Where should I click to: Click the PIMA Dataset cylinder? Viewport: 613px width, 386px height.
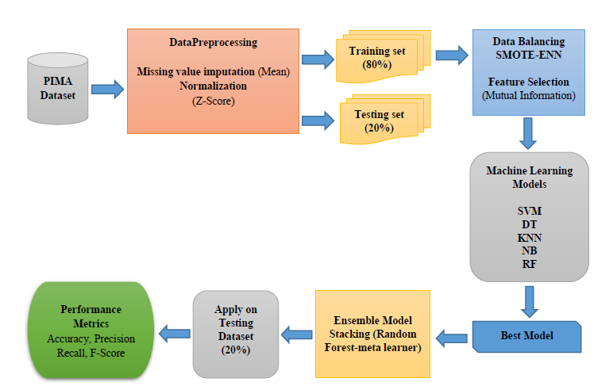pyautogui.click(x=58, y=89)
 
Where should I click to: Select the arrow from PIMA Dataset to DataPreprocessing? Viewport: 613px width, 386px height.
pyautogui.click(x=107, y=90)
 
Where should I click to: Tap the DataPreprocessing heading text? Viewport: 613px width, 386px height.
pyautogui.click(x=213, y=42)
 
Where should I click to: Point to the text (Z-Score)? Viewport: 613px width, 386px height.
pyautogui.click(x=213, y=101)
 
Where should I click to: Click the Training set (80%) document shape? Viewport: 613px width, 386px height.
pyautogui.click(x=383, y=56)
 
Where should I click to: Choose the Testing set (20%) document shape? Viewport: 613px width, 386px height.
pyautogui.click(x=385, y=120)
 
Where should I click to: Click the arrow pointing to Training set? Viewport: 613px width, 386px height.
pyautogui.click(x=318, y=59)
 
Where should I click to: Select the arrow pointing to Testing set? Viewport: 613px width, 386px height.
pyautogui.click(x=318, y=120)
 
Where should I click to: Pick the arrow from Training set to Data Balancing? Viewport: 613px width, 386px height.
pyautogui.click(x=452, y=55)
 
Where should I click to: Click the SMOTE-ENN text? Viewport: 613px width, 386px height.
pyautogui.click(x=529, y=55)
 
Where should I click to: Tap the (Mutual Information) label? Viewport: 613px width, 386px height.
pyautogui.click(x=529, y=96)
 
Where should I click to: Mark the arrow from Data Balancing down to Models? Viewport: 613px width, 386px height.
pyautogui.click(x=528, y=133)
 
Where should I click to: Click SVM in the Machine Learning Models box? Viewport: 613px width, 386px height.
pyautogui.click(x=530, y=211)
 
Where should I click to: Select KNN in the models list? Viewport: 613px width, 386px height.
pyautogui.click(x=530, y=238)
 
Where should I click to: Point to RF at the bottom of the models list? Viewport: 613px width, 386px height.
pyautogui.click(x=530, y=264)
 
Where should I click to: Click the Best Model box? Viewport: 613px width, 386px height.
pyautogui.click(x=526, y=336)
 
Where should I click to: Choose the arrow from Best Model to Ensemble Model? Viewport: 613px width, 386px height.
pyautogui.click(x=452, y=338)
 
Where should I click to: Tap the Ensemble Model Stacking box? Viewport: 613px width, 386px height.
pyautogui.click(x=372, y=334)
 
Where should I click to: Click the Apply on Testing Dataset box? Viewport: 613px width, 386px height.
pyautogui.click(x=236, y=334)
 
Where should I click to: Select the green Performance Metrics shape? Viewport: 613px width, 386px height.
pyautogui.click(x=91, y=331)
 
